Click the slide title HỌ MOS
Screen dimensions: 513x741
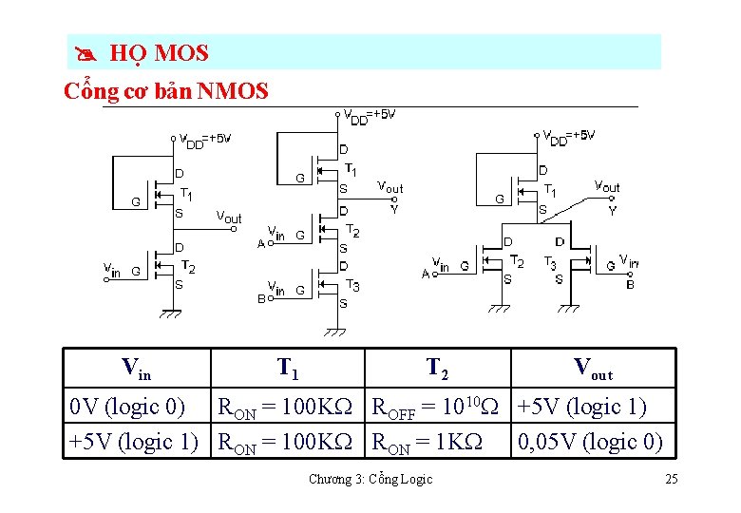(159, 53)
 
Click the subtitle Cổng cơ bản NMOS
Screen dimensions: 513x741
(165, 91)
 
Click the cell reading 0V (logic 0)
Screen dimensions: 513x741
(127, 407)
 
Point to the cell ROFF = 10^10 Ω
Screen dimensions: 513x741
(434, 407)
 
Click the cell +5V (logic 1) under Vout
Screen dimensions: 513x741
(581, 407)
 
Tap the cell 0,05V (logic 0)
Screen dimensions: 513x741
(588, 442)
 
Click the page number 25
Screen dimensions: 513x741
(671, 479)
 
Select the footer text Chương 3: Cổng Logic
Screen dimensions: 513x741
(370, 479)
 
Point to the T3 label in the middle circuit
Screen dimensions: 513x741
(352, 285)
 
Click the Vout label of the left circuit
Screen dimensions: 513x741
(228, 218)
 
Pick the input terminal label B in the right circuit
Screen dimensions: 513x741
(630, 284)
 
